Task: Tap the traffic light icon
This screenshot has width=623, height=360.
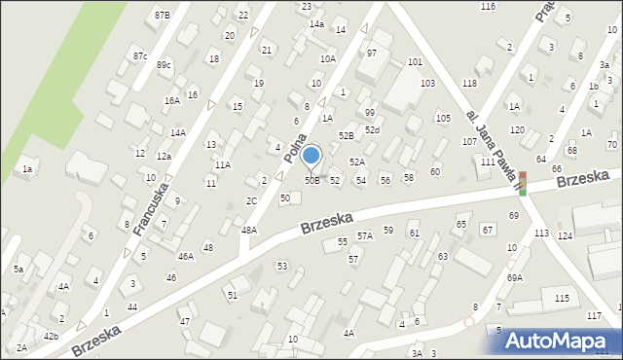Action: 522,183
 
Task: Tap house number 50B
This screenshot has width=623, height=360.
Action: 311,180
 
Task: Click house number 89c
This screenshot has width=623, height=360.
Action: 164,64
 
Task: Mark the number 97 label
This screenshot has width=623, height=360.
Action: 371,53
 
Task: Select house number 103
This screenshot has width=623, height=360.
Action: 426,84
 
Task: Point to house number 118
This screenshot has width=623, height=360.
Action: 469,83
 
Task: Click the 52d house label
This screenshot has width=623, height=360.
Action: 372,129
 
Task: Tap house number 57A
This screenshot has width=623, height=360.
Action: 364,235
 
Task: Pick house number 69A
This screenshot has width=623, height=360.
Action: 514,277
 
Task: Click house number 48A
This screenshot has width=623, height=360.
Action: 249,231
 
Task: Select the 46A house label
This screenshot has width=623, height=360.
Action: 185,256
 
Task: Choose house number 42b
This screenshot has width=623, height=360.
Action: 51,336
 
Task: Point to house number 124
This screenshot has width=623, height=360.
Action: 565,236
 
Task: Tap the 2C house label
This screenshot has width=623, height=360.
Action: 251,200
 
